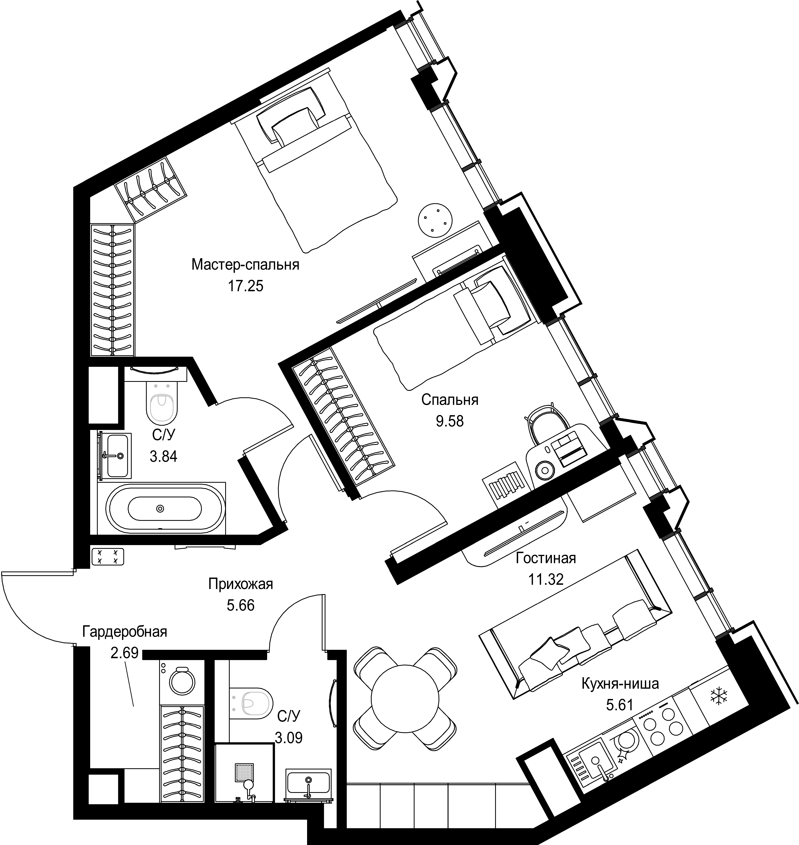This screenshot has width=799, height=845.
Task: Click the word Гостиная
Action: (546, 558)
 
